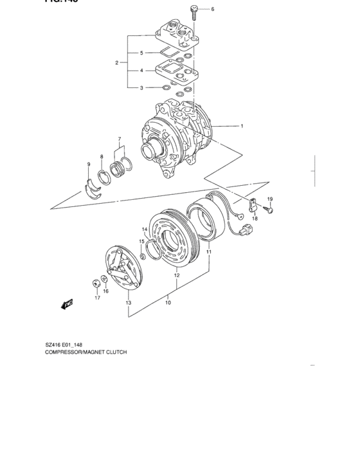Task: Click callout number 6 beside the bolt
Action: click(212, 10)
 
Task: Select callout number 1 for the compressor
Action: click(242, 126)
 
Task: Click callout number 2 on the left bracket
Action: click(116, 62)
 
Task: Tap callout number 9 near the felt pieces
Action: click(101, 157)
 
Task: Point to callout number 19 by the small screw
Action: click(270, 199)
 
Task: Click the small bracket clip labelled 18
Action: click(253, 206)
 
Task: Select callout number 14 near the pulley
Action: click(145, 230)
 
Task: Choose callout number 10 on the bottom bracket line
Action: click(168, 298)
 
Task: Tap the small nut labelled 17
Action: click(96, 281)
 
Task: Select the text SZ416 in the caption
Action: click(55, 345)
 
